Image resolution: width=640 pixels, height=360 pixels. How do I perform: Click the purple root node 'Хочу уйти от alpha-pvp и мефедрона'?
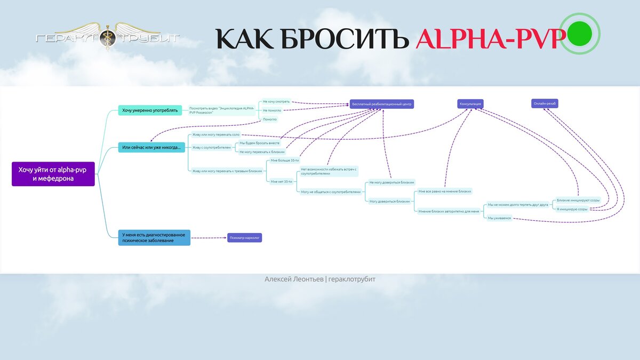[x=53, y=174]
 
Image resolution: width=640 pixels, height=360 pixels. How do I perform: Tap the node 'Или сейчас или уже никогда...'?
[x=151, y=147]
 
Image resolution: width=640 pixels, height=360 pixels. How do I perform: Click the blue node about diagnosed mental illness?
[x=154, y=237]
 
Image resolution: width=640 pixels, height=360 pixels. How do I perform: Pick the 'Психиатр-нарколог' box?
[x=245, y=238]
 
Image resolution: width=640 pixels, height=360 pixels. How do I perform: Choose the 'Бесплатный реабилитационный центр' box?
[x=382, y=104]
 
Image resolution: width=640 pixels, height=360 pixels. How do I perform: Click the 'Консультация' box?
[x=470, y=104]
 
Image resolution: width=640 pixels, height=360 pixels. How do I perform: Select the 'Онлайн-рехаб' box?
[x=545, y=103]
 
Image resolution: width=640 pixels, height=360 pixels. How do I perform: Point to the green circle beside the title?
[x=580, y=33]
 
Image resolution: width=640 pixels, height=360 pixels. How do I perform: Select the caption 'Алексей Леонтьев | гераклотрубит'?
[x=320, y=279]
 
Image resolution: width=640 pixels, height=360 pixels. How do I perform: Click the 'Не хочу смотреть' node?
[x=276, y=101]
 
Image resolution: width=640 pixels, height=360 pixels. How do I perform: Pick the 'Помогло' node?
[x=270, y=119]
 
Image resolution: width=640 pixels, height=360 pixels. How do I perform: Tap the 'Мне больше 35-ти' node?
[x=285, y=161]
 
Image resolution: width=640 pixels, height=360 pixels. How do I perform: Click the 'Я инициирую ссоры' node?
[x=572, y=209]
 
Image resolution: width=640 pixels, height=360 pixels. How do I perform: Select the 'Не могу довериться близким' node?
[x=391, y=182]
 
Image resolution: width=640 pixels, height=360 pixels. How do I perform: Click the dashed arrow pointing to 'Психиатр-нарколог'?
[x=209, y=238]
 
